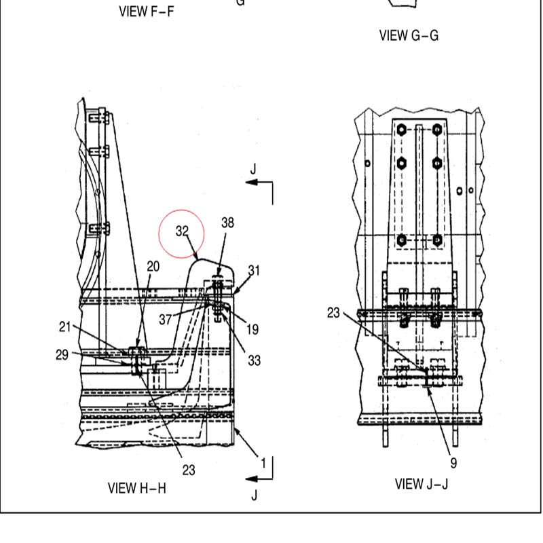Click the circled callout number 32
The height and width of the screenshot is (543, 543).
click(x=182, y=231)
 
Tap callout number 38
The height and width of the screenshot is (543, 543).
click(x=227, y=223)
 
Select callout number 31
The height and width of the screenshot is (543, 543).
click(x=254, y=270)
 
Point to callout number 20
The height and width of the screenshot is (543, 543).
click(x=153, y=266)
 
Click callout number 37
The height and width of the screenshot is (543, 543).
click(x=166, y=319)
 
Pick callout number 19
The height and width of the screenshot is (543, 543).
click(x=252, y=329)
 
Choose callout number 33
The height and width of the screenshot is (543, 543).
click(x=254, y=360)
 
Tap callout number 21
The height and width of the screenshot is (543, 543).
click(x=64, y=326)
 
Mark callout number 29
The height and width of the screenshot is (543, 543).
click(x=62, y=354)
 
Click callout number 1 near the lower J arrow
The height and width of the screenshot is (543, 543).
click(x=263, y=463)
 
